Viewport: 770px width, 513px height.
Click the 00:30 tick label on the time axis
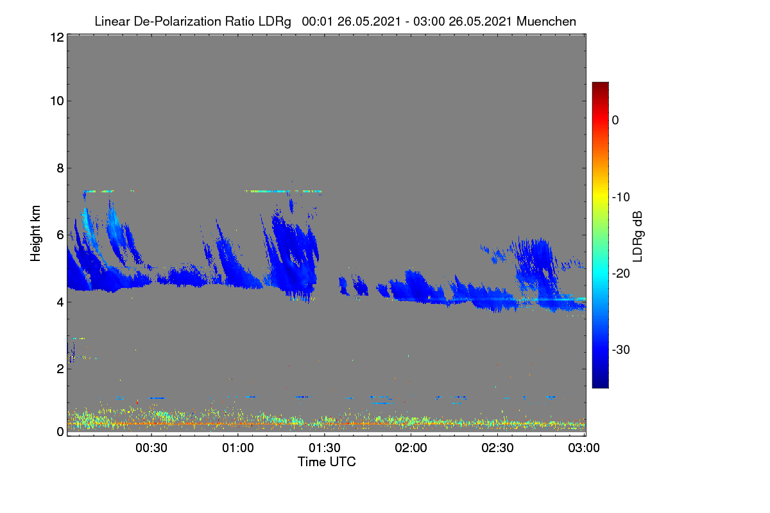[x=151, y=448]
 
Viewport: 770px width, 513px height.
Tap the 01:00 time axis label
[x=238, y=448]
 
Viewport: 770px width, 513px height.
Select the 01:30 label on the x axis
[x=325, y=448]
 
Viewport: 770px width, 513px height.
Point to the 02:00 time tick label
[x=411, y=448]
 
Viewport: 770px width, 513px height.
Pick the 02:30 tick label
[x=497, y=448]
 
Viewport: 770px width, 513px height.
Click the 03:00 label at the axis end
[x=584, y=448]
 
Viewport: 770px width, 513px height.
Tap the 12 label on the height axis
[x=57, y=37]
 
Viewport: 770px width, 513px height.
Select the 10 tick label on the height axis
[x=57, y=101]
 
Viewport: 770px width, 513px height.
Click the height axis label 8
[x=60, y=168]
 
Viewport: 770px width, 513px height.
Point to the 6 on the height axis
[x=60, y=235]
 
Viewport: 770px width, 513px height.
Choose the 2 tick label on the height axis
[x=60, y=369]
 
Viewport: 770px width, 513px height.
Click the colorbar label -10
[x=621, y=198]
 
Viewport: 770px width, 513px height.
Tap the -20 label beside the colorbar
[x=621, y=274]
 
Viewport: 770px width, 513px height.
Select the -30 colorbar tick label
[x=621, y=349]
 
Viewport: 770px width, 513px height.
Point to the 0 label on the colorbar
[x=615, y=121]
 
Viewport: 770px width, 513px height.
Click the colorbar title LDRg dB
[x=637, y=237]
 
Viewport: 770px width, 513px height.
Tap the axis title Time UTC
[x=327, y=462]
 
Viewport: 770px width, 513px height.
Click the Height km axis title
[x=35, y=233]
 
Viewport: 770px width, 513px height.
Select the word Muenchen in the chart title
[x=546, y=22]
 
